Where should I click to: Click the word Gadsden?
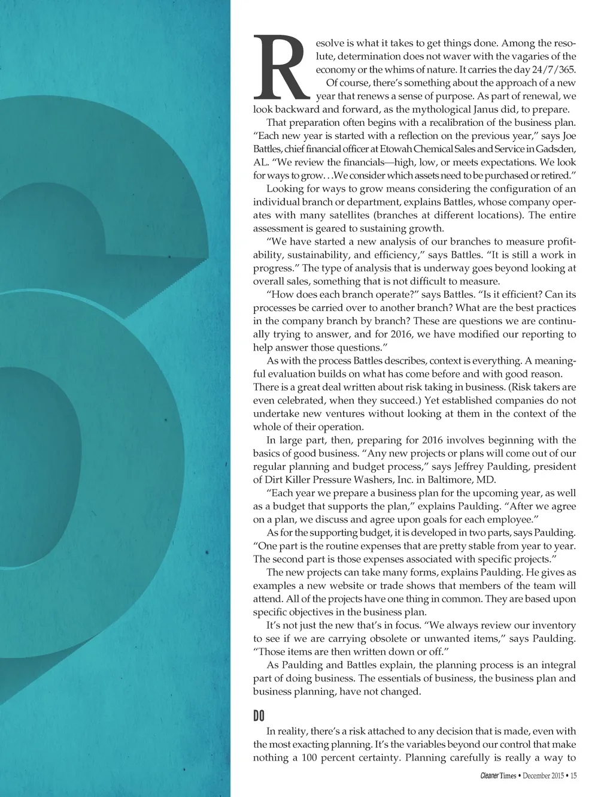pyautogui.click(x=556, y=149)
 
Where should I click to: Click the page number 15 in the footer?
pyautogui.click(x=573, y=776)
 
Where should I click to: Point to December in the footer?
pyautogui.click(x=536, y=776)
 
